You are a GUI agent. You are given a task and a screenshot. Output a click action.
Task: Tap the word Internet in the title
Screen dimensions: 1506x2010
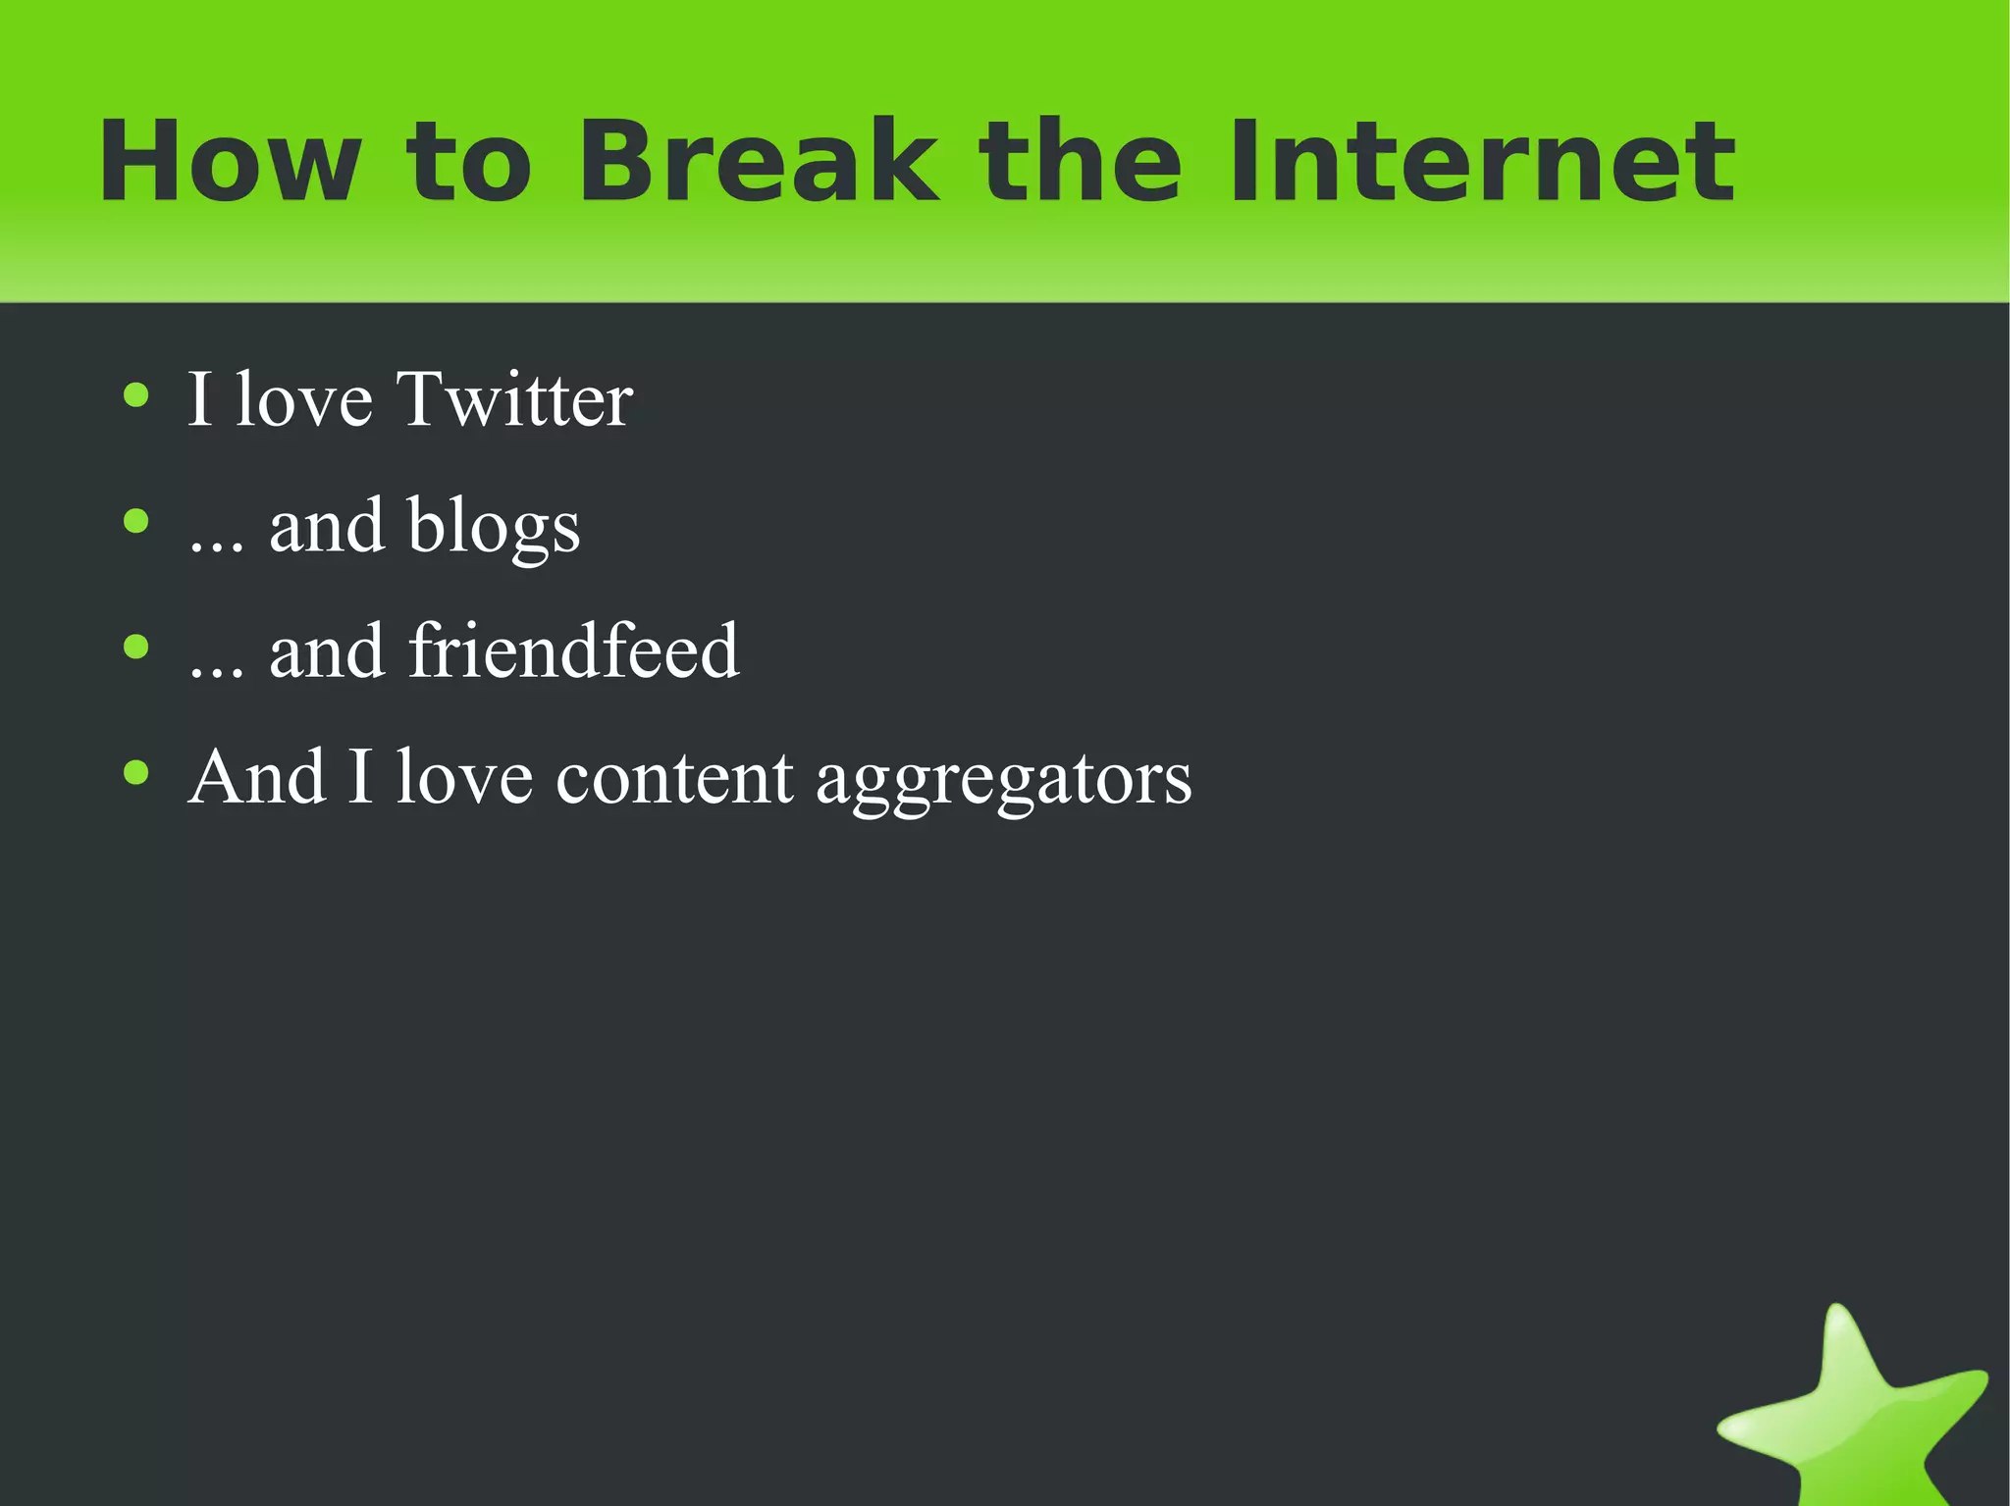(1482, 162)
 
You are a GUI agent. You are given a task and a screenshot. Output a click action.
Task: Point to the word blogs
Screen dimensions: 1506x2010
(494, 527)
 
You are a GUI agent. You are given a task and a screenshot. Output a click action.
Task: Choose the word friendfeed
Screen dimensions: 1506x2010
(573, 650)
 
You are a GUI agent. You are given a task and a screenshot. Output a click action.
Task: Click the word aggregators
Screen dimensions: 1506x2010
(1003, 778)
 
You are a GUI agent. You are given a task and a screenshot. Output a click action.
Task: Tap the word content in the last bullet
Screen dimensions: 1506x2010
(674, 778)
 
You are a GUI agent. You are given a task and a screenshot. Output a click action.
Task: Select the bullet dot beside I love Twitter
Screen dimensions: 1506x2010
(136, 395)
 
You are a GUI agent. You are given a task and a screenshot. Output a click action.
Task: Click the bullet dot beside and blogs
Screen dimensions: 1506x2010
(136, 521)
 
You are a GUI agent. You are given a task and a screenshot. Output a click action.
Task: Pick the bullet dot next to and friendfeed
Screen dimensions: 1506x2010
(136, 647)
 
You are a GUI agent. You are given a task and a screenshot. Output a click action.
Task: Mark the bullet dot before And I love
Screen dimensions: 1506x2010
(136, 772)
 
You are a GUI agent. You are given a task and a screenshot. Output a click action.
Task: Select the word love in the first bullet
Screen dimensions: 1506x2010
(304, 399)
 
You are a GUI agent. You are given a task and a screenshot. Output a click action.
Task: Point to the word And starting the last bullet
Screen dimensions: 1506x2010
(257, 778)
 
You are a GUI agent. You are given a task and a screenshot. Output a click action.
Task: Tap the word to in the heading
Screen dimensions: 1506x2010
(468, 162)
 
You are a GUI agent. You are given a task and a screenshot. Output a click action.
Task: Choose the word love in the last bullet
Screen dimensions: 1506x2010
(464, 778)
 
